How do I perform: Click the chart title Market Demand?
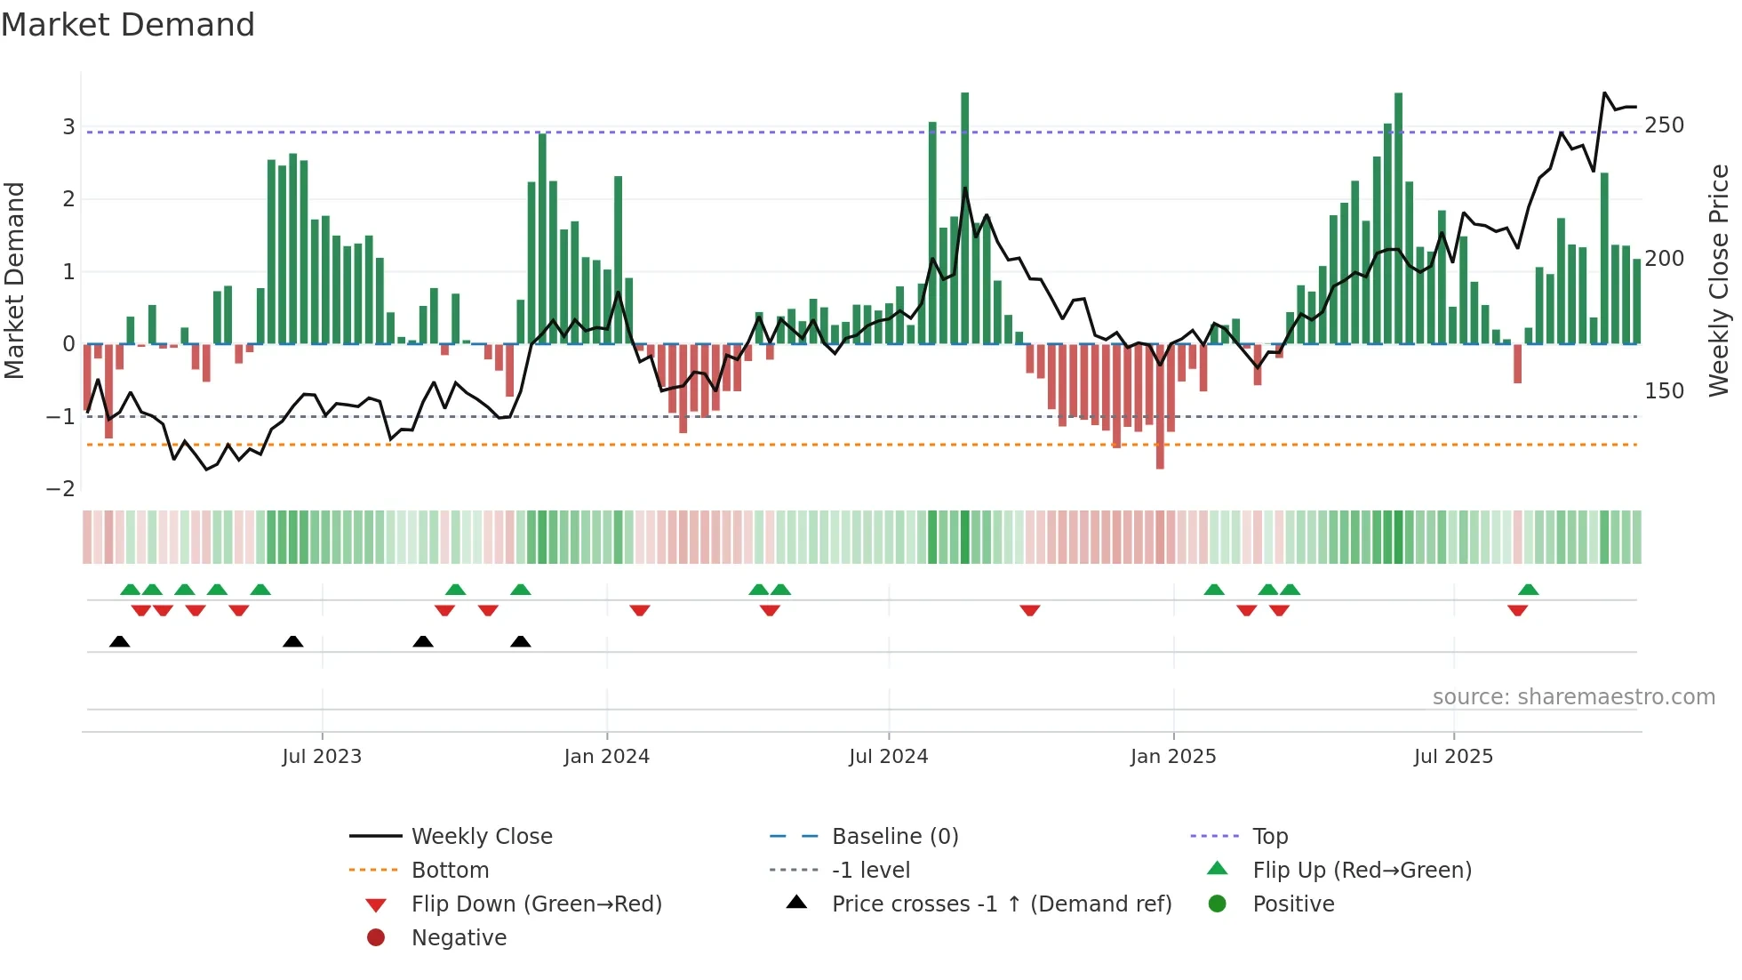pos(128,25)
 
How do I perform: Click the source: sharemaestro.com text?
pos(1573,697)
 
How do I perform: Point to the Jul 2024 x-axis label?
pos(888,757)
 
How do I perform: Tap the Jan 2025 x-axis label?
pos(1172,757)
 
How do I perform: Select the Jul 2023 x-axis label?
pos(322,757)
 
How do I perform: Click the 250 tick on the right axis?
pos(1664,125)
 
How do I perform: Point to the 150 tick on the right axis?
pos(1664,391)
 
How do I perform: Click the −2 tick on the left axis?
pos(60,489)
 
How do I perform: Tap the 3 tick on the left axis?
pos(68,127)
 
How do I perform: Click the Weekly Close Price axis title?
pos(1719,280)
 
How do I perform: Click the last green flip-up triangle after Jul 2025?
pos(1528,590)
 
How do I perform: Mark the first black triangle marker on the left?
pos(120,641)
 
